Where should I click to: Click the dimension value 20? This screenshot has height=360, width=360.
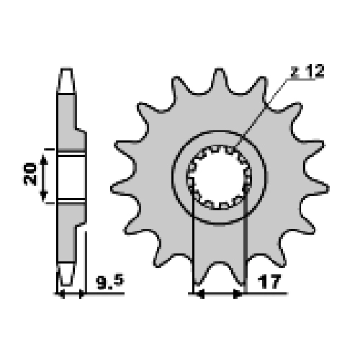[30, 174]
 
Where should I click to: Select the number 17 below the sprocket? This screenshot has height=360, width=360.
[269, 282]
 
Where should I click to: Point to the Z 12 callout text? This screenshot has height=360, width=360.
[307, 71]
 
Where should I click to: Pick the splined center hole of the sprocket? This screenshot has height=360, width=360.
[219, 177]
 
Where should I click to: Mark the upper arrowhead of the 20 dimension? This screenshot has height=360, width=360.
[43, 159]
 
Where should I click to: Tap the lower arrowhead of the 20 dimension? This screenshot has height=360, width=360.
[43, 197]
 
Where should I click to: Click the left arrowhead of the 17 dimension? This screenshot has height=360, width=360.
[199, 294]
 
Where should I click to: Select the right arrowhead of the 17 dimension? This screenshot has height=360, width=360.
[238, 294]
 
